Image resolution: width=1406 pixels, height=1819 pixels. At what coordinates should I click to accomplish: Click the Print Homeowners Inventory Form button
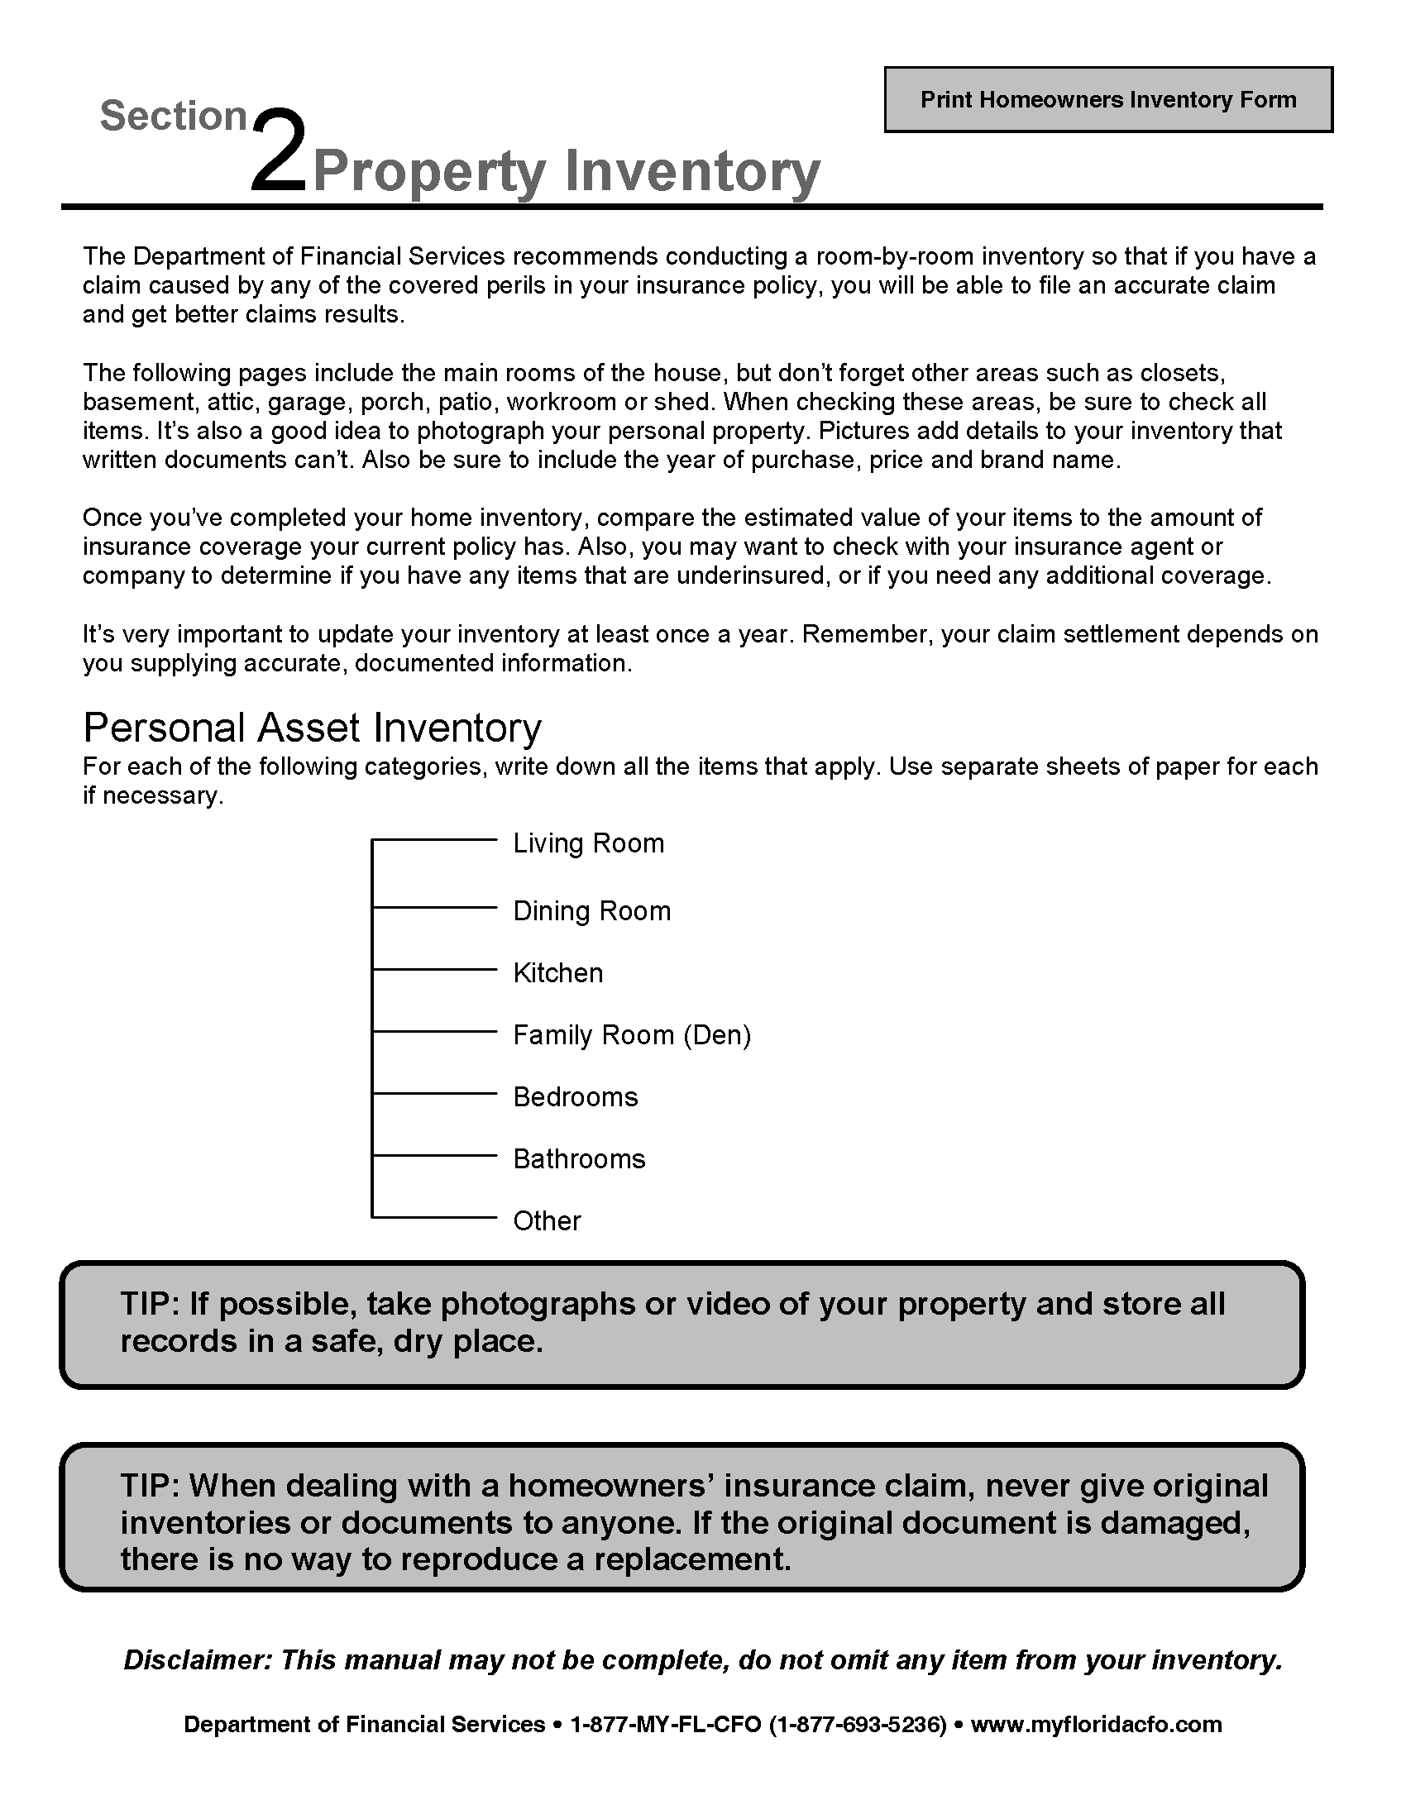(x=1107, y=100)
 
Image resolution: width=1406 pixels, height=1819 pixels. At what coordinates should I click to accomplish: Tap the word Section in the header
(x=174, y=116)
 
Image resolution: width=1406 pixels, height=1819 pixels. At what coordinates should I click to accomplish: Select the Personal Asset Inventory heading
(x=313, y=727)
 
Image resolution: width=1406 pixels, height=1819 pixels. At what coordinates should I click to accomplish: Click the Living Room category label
(x=588, y=843)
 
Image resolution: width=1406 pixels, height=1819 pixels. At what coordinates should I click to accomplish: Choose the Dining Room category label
(x=591, y=910)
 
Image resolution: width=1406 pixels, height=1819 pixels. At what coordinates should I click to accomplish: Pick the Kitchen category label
(x=557, y=972)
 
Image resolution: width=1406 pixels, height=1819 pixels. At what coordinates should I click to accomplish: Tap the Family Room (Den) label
(x=631, y=1034)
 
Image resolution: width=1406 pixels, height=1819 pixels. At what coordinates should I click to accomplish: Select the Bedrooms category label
(x=575, y=1096)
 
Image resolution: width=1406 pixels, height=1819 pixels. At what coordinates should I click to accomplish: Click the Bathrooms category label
(x=579, y=1158)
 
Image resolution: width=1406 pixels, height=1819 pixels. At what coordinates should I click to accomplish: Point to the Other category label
(x=547, y=1220)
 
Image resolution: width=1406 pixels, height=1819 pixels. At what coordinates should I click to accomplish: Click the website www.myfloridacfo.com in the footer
(x=1096, y=1724)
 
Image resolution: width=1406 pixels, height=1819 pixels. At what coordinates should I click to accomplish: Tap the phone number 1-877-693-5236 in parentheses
(x=858, y=1724)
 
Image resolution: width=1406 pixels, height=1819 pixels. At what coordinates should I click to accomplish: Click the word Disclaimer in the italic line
(x=198, y=1660)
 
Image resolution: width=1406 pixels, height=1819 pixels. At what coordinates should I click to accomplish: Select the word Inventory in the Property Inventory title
(x=692, y=172)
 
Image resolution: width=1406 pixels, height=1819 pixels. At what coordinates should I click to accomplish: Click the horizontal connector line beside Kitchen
(x=434, y=970)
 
